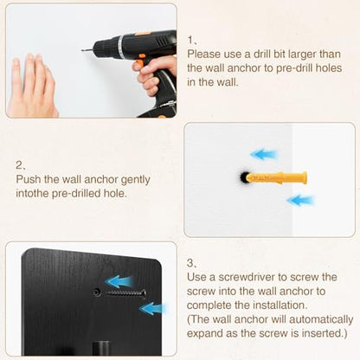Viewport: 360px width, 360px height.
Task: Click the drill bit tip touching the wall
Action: point(82,50)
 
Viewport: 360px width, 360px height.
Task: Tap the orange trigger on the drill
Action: point(139,62)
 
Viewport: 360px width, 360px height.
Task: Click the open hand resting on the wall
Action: point(31,86)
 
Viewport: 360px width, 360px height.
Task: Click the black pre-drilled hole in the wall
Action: point(245,177)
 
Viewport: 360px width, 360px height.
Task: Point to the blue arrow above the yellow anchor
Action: point(264,154)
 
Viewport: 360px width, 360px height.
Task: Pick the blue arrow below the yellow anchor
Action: point(300,200)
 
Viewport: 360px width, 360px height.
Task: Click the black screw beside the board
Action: point(125,294)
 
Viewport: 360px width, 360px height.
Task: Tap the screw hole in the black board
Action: point(97,293)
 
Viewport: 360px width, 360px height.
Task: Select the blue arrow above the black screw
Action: point(119,281)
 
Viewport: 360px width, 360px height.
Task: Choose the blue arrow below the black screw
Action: point(153,309)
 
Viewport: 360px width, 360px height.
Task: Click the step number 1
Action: point(191,40)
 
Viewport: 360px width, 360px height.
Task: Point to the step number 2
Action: point(20,165)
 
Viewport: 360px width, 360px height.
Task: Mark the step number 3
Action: point(191,263)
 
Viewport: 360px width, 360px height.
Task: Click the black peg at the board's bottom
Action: point(101,348)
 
